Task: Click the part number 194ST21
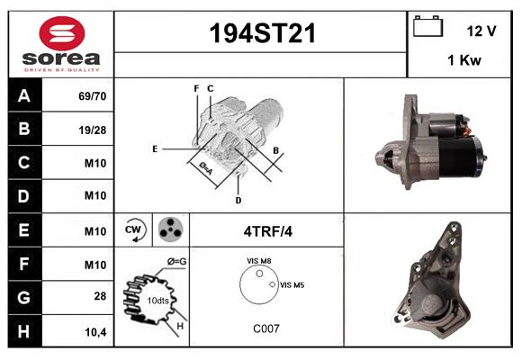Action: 261,33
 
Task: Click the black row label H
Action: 23,330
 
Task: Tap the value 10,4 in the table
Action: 96,330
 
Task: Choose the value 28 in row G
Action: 101,296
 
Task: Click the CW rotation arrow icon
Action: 134,230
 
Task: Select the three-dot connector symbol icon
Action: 169,230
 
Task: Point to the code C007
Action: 265,328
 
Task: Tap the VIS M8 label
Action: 259,261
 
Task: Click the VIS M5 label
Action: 292,284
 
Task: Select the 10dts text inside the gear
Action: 157,300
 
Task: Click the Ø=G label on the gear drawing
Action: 176,262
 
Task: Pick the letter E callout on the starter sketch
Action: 155,148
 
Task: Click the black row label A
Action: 23,95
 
